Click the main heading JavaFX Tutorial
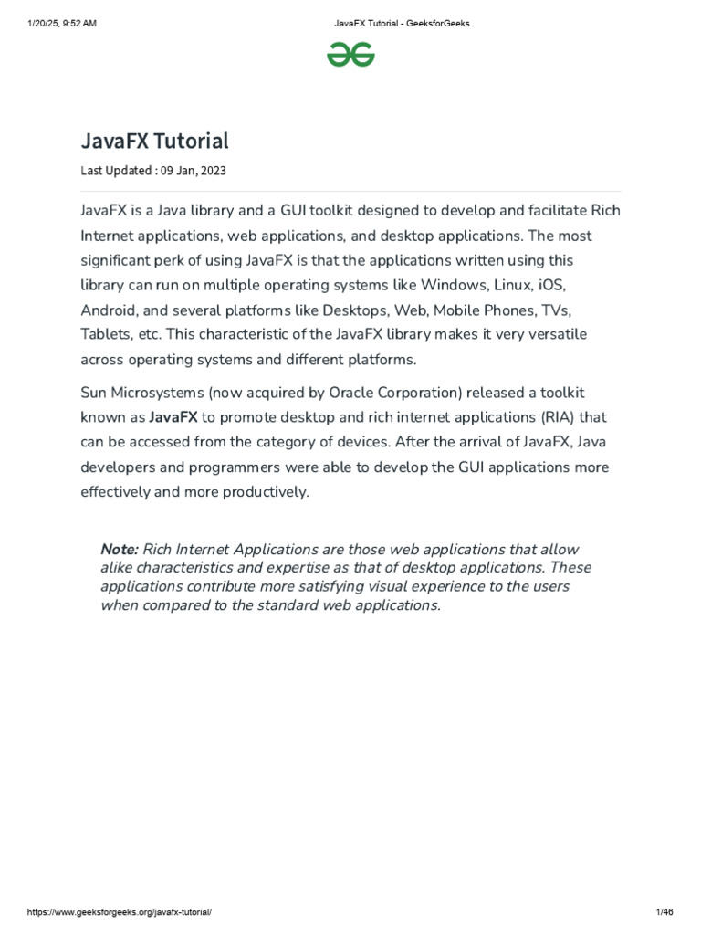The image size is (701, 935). [x=154, y=141]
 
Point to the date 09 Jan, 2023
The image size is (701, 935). [x=195, y=170]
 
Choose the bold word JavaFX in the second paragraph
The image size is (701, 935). [x=173, y=417]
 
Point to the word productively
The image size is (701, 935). [x=264, y=491]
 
